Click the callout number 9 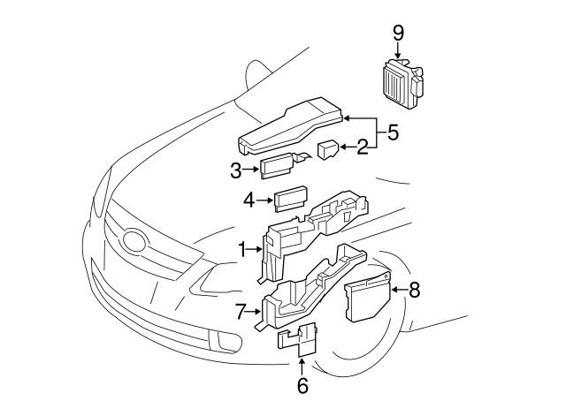point(398,33)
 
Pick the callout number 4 point(249,200)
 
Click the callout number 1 point(241,251)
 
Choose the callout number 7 point(240,311)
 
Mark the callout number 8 point(415,288)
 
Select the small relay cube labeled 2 point(328,148)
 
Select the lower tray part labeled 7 point(305,287)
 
